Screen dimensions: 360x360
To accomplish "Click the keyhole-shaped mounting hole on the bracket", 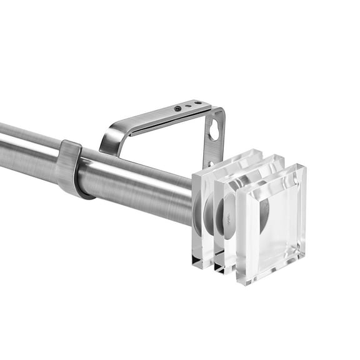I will [214, 130].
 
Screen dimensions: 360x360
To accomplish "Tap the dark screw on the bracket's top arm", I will [178, 108].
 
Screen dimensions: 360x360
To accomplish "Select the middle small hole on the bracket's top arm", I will [189, 106].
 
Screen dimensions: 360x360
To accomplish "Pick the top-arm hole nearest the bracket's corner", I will [197, 103].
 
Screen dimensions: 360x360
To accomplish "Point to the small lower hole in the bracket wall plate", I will [211, 164].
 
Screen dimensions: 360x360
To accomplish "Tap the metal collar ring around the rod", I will [71, 168].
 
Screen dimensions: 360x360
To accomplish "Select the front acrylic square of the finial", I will [270, 222].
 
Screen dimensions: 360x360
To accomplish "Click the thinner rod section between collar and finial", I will [137, 184].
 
